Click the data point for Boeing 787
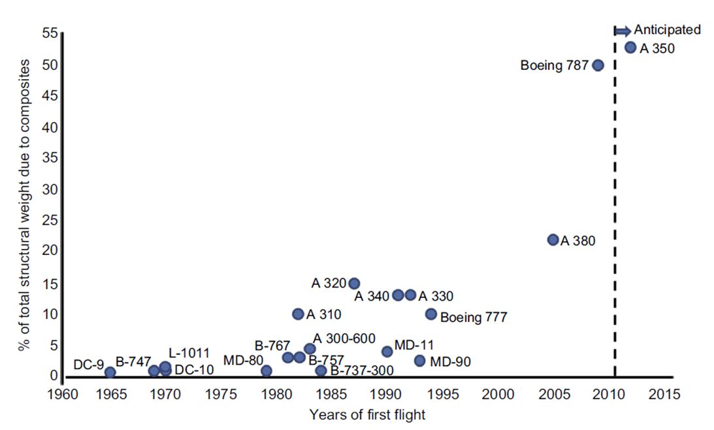(x=598, y=65)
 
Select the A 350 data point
(x=630, y=47)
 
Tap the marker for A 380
(x=553, y=240)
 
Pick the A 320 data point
(x=354, y=284)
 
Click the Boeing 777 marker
(x=431, y=314)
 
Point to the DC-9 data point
(x=110, y=372)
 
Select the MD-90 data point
(x=419, y=361)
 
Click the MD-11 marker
(x=387, y=352)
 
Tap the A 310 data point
(x=298, y=314)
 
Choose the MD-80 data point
(x=266, y=371)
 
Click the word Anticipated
(x=668, y=29)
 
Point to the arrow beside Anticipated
(x=623, y=30)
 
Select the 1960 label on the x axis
(x=63, y=395)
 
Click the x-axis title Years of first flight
(x=368, y=414)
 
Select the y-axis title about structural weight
(x=24, y=204)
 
